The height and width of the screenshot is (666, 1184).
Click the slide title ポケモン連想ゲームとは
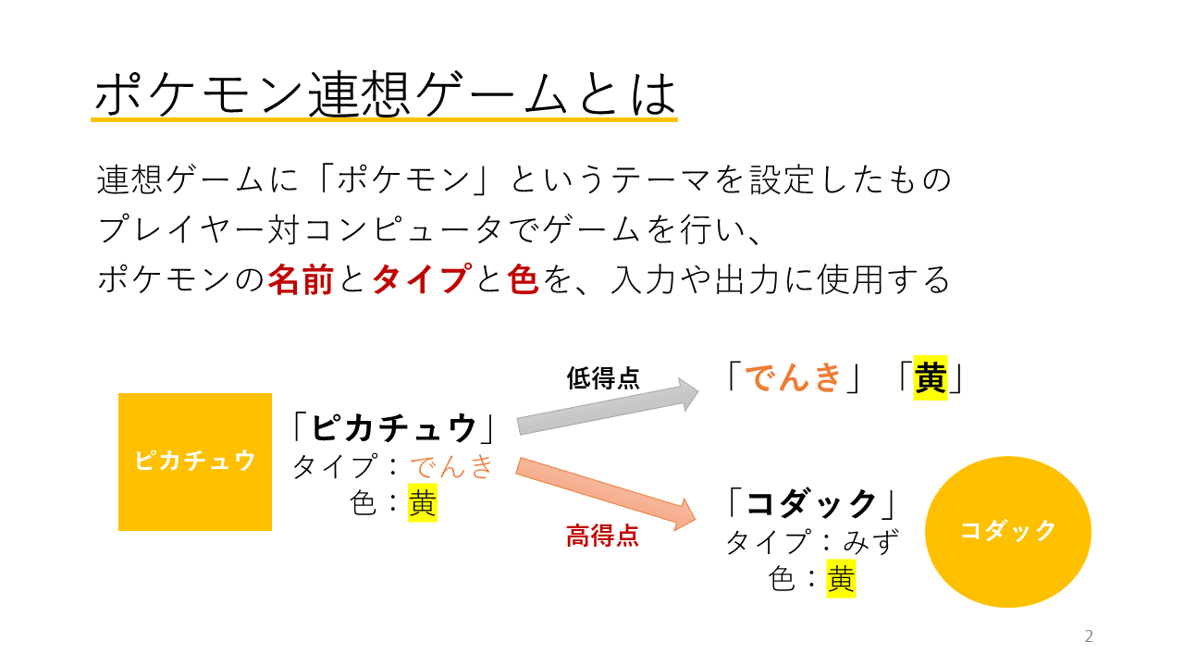point(386,94)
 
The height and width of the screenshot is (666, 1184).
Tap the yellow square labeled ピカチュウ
point(195,462)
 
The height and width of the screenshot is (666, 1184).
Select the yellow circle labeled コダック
point(1008,532)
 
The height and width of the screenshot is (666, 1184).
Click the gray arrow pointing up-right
point(608,407)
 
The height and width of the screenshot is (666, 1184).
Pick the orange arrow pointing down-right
point(606,494)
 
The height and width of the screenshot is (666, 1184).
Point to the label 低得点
point(603,378)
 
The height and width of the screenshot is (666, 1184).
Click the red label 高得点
point(602,536)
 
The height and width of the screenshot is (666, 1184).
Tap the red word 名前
point(301,279)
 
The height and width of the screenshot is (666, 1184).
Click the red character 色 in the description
point(523,279)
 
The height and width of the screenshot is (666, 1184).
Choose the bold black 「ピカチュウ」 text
point(394,427)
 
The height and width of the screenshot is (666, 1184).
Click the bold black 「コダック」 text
point(811,502)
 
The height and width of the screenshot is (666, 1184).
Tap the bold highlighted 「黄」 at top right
point(931,377)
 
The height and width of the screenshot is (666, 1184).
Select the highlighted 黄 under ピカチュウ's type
point(423,502)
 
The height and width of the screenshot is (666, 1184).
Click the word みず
point(870,542)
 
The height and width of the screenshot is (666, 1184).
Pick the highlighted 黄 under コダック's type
point(841,579)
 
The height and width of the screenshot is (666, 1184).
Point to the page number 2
point(1089,635)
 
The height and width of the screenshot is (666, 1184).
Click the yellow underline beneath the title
point(384,120)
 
